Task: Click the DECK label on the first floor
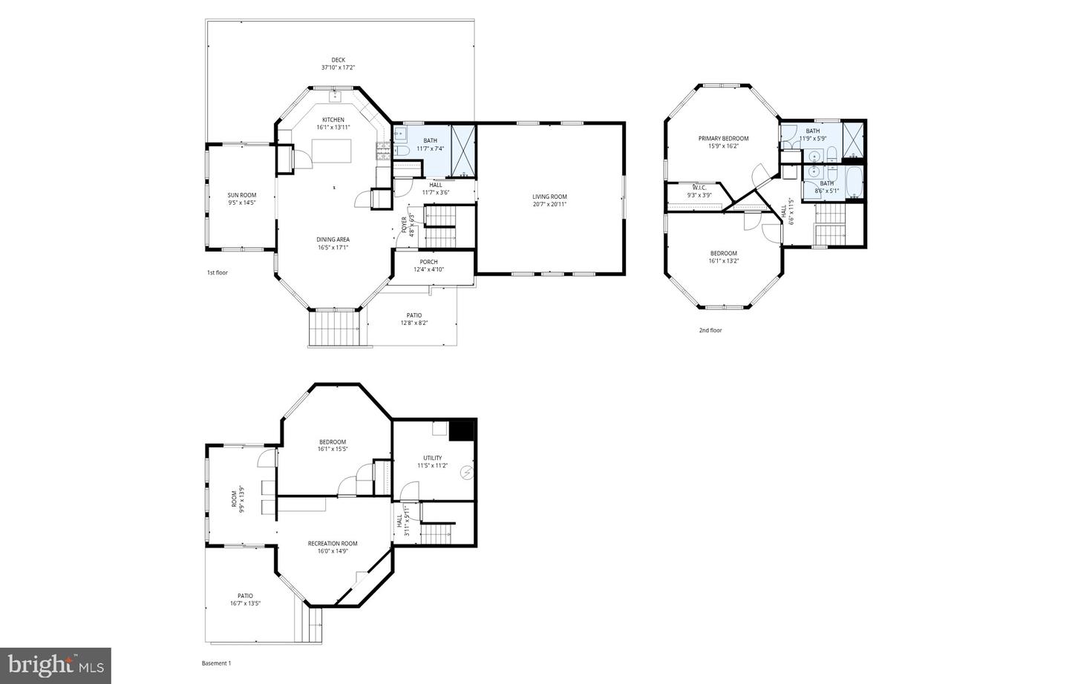point(338,60)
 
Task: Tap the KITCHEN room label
point(333,119)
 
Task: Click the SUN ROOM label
point(242,195)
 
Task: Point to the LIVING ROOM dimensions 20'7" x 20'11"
point(549,204)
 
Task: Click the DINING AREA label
point(333,239)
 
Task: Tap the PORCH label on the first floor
point(428,262)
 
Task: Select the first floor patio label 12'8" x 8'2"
point(413,323)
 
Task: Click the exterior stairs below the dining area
point(339,327)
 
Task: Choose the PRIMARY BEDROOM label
point(723,139)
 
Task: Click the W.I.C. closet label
point(699,188)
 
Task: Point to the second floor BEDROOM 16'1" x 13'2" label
point(723,254)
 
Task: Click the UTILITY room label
point(432,458)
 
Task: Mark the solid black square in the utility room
point(461,431)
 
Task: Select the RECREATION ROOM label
point(333,543)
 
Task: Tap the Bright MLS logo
point(56,665)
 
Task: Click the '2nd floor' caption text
point(710,330)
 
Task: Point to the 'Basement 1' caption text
point(217,663)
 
